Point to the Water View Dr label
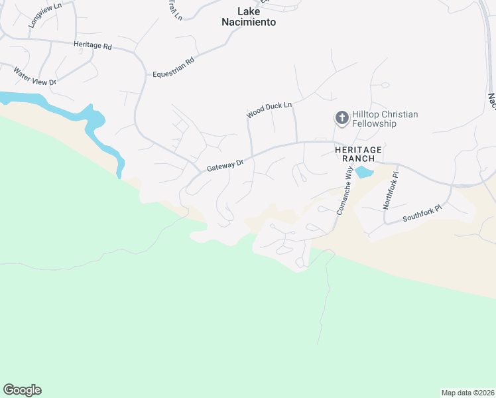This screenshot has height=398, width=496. click(36, 76)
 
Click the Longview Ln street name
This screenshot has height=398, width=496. click(44, 17)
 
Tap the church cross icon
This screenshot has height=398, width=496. click(342, 119)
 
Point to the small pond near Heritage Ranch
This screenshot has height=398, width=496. click(363, 172)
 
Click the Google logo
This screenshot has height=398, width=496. click(22, 390)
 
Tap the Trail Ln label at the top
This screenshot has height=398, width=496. click(174, 9)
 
